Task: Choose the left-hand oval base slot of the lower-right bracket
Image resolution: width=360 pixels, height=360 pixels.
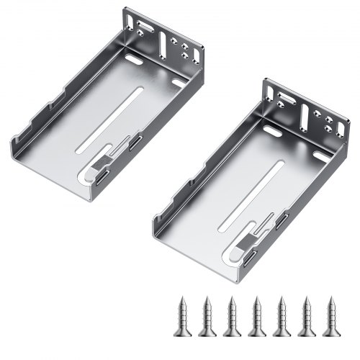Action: pos(274,132)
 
